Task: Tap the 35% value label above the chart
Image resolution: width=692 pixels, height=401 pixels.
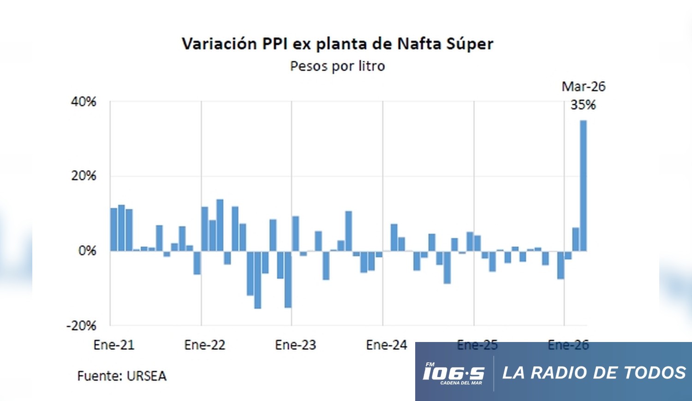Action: pyautogui.click(x=583, y=105)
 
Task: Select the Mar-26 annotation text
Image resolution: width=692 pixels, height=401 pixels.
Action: pyautogui.click(x=583, y=87)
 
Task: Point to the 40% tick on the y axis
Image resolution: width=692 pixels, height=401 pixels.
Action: pyautogui.click(x=84, y=101)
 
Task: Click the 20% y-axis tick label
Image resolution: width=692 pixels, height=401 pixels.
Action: pyautogui.click(x=84, y=176)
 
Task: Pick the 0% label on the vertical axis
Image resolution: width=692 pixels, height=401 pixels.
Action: pyautogui.click(x=87, y=251)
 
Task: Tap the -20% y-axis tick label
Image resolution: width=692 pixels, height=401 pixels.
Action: pyautogui.click(x=82, y=326)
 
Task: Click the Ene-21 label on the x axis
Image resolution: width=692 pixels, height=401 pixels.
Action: pyautogui.click(x=113, y=345)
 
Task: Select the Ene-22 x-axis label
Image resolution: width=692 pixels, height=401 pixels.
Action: pyautogui.click(x=204, y=345)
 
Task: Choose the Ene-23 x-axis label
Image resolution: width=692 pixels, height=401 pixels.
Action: pyautogui.click(x=295, y=345)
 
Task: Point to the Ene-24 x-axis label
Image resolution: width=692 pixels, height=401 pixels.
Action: pyautogui.click(x=386, y=345)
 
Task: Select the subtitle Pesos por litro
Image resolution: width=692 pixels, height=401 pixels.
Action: pyautogui.click(x=337, y=66)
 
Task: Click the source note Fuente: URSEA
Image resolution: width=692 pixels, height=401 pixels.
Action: pyautogui.click(x=122, y=376)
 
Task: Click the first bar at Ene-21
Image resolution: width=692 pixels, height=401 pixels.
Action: pyautogui.click(x=113, y=230)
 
